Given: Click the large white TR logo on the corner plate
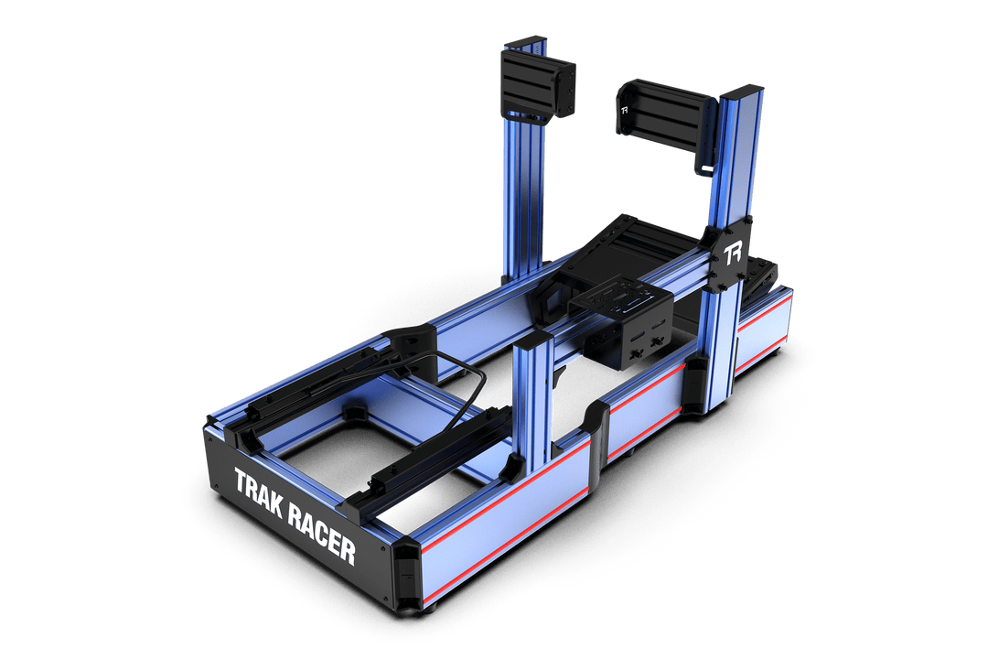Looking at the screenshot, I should (732, 254).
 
